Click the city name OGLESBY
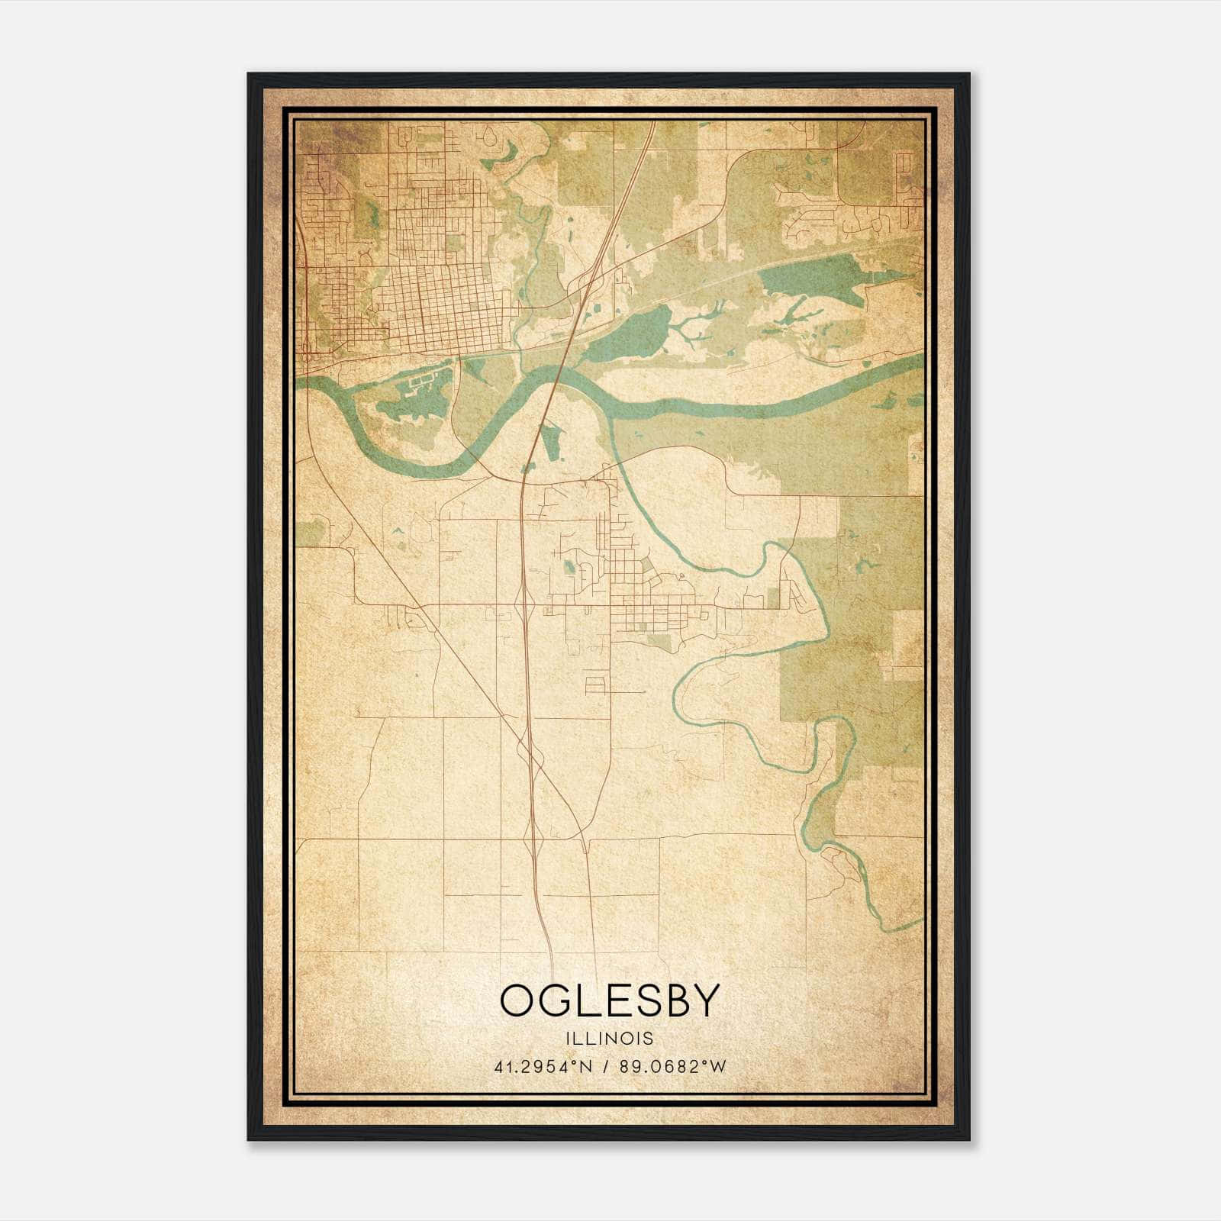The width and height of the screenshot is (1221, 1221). tap(610, 1000)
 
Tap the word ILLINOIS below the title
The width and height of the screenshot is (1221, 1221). tap(610, 1039)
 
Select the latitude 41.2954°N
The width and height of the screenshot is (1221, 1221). tap(543, 1066)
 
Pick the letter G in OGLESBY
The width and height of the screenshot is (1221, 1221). tap(560, 1000)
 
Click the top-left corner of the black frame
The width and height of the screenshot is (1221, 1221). tap(249, 74)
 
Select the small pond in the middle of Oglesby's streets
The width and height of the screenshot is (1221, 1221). tap(569, 567)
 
